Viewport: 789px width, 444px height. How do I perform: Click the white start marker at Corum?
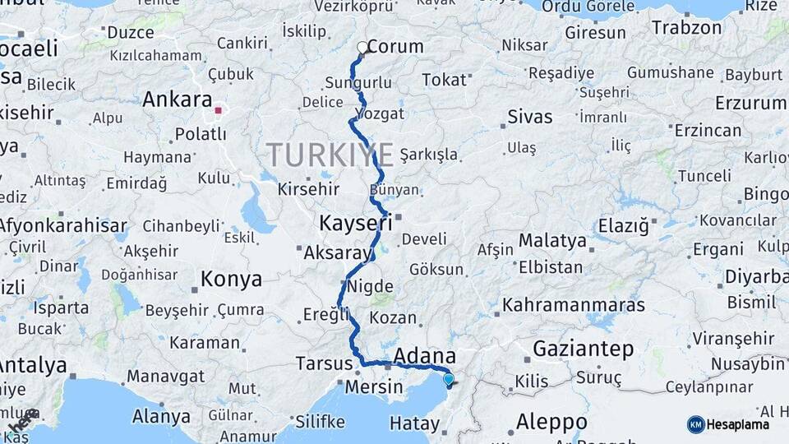362,47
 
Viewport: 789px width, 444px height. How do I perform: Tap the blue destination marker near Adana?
448,379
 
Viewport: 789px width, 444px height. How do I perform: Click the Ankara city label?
177,99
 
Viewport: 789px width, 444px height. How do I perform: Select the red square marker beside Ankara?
218,109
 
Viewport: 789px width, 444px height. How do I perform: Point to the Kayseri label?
354,223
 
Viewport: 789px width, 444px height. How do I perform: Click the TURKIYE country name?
330,154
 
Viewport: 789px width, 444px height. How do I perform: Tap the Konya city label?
231,279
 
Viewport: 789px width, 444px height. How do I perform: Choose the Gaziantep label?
583,349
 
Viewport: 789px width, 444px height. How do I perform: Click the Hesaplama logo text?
738,424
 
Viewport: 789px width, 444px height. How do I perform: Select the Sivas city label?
530,116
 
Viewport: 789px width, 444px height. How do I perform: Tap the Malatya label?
552,241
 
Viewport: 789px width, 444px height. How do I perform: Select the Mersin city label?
373,386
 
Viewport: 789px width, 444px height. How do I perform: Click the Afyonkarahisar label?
63,225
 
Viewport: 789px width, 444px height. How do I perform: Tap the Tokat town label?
444,80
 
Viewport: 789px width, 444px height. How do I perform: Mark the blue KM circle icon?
696,424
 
